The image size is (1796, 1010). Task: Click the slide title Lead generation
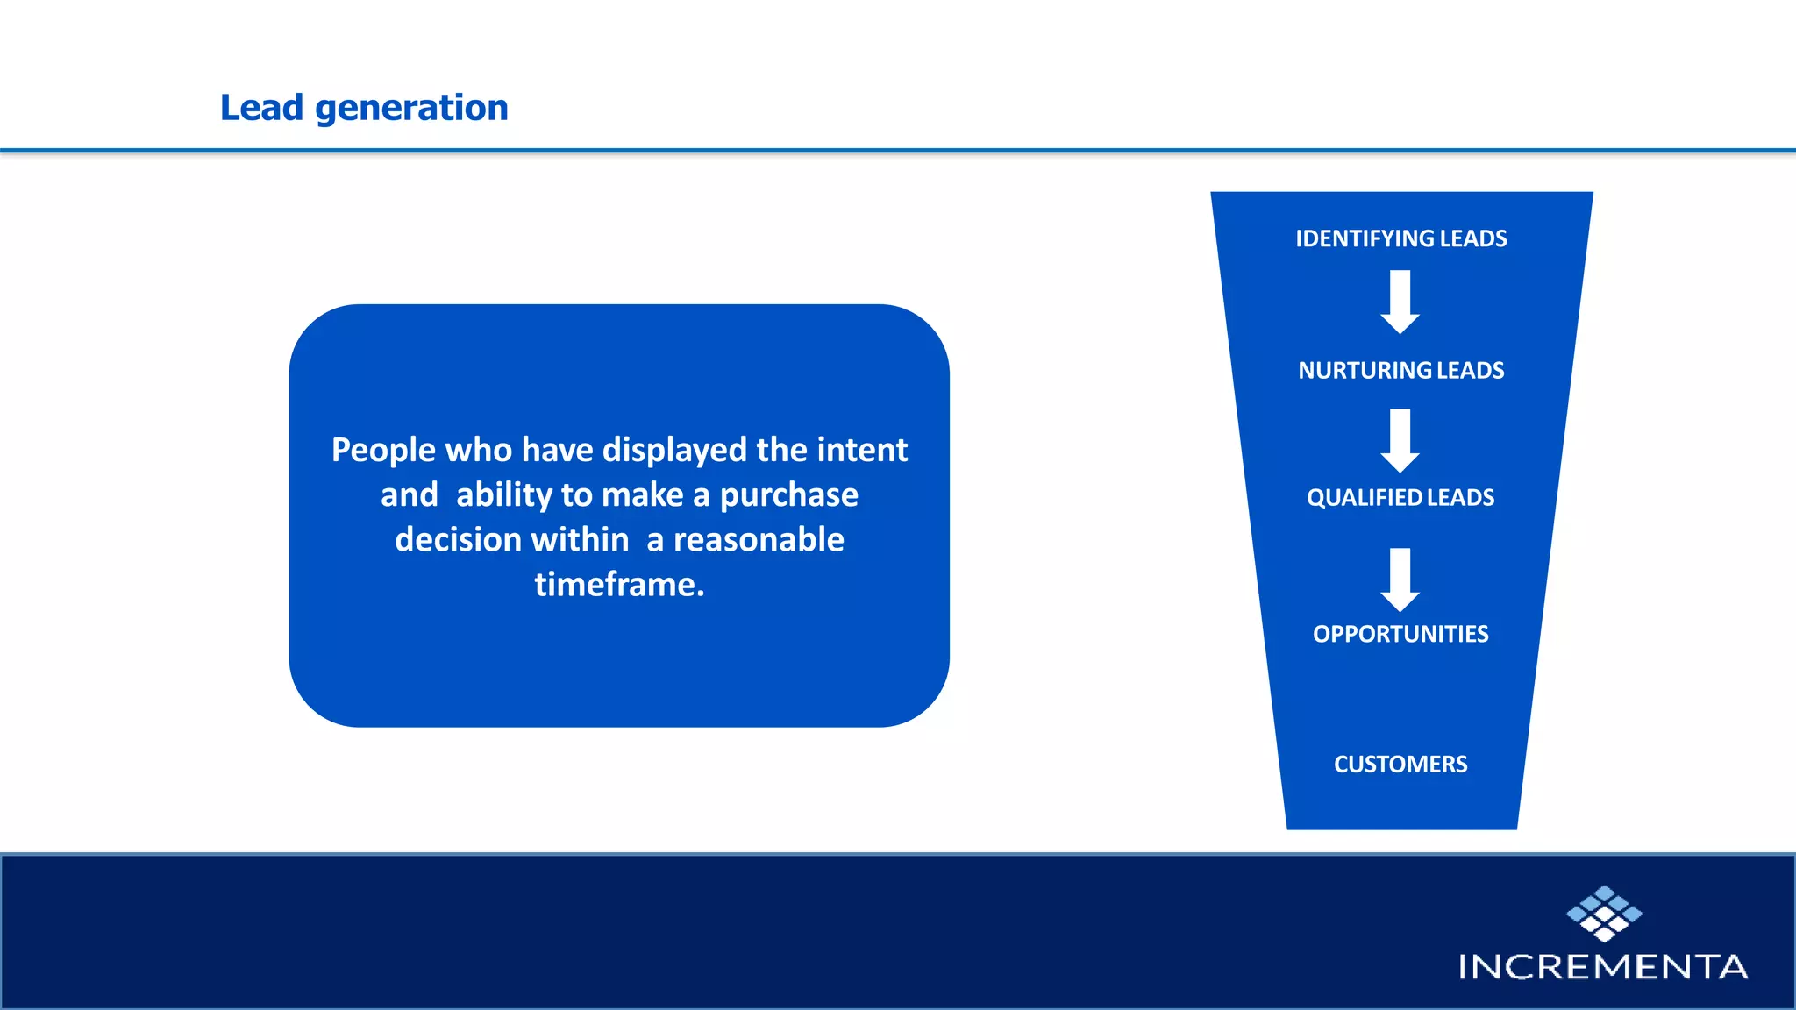[x=364, y=108]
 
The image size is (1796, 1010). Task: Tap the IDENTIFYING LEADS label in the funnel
[x=1400, y=238]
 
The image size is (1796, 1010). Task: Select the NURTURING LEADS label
[x=1400, y=370]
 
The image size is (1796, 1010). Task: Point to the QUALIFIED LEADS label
[x=1400, y=497]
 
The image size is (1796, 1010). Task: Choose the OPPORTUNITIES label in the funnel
[x=1400, y=634]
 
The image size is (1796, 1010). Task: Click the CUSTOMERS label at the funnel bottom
[x=1400, y=765]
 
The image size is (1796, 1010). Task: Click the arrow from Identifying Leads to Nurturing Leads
[x=1400, y=302]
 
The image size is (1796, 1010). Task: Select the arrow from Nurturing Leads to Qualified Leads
[x=1400, y=440]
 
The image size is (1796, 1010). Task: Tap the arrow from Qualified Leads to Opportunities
[x=1400, y=580]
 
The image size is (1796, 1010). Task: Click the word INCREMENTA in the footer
[x=1603, y=967]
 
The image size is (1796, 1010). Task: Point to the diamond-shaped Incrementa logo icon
[x=1604, y=913]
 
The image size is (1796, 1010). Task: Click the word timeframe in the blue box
[x=618, y=585]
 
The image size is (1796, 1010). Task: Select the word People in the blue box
[x=383, y=451]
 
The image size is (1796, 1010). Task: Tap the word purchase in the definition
[x=788, y=495]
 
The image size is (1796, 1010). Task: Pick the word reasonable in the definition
[x=759, y=540]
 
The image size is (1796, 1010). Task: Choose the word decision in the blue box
[x=458, y=540]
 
